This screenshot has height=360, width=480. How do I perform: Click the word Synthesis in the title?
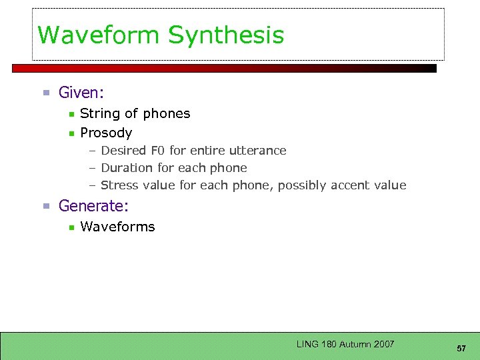pos(226,36)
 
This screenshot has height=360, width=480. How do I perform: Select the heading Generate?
pos(93,206)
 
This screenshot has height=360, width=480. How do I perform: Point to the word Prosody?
pos(106,133)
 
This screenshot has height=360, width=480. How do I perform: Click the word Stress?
pos(119,185)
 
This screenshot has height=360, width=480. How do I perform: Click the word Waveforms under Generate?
pos(117,227)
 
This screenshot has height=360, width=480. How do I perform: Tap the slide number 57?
pos(461,349)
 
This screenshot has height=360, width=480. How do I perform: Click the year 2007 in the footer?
pos(383,344)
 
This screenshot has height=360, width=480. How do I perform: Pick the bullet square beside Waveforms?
pos(71,228)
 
